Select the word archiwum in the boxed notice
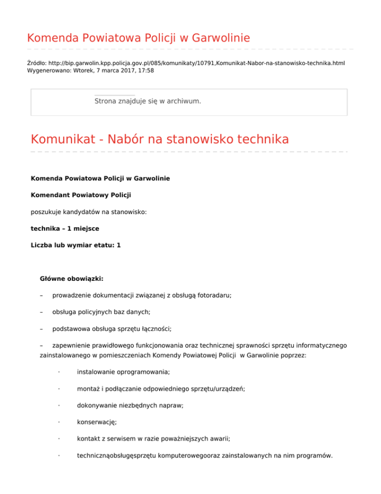[x=185, y=101]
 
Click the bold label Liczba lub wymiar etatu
[x=72, y=246]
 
